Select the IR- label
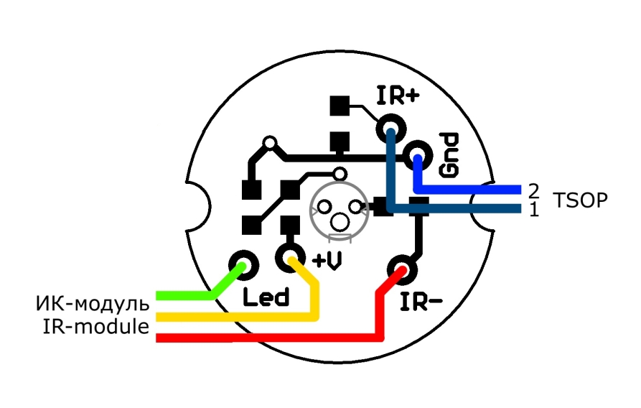coord(421,302)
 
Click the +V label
coord(327,262)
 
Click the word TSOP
coord(581,200)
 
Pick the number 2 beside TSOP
coord(533,190)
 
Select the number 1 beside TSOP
coord(533,210)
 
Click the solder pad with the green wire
coord(243,264)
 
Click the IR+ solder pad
coord(391,130)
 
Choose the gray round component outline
coord(339,208)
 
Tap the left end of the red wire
coord(159,338)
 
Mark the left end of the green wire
coord(159,295)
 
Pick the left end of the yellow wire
coord(159,317)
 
